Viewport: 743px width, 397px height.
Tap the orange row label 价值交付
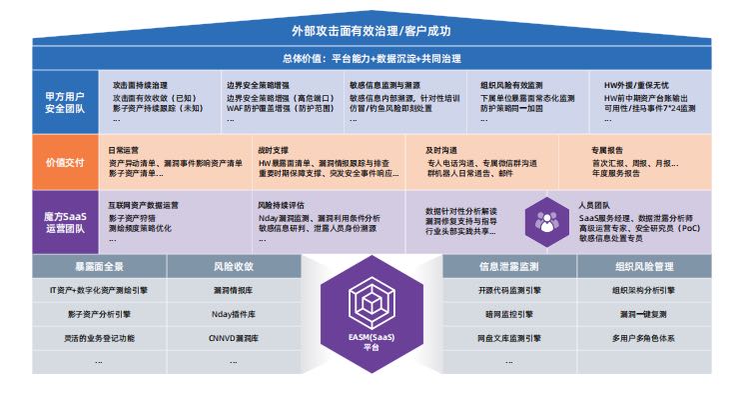(x=62, y=161)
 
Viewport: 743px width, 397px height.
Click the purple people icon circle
(x=545, y=218)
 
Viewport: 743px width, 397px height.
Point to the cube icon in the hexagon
(x=371, y=305)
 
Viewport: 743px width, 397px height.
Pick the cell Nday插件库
(x=234, y=314)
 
